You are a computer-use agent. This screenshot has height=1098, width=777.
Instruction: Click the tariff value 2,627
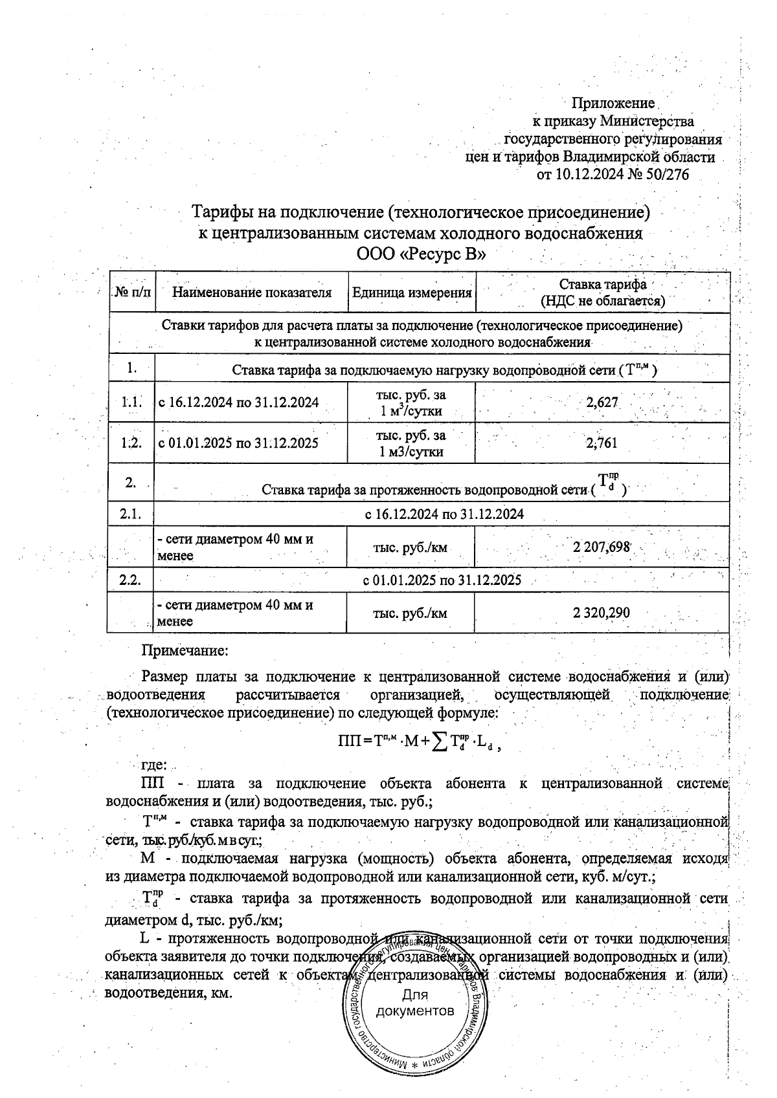point(602,402)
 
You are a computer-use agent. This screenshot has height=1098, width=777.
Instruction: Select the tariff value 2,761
point(602,443)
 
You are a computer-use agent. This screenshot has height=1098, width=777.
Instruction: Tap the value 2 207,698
point(602,547)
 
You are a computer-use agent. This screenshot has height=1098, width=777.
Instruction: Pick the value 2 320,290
point(602,613)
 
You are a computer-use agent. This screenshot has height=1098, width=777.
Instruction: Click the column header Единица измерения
point(411,292)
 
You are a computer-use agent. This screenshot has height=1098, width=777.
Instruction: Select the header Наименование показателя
point(251,292)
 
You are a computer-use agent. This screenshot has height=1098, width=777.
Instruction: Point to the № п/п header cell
point(132,292)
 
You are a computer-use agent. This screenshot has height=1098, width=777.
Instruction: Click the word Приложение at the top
point(613,104)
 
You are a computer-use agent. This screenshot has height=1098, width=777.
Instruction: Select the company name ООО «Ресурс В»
point(421,254)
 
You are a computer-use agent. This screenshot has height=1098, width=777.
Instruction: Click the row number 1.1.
point(131,402)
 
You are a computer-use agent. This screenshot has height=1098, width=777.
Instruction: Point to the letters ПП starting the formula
point(350,742)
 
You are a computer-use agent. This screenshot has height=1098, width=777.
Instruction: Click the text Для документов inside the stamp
point(415,1003)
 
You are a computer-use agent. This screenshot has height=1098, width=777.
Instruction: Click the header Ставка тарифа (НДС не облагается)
point(602,292)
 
